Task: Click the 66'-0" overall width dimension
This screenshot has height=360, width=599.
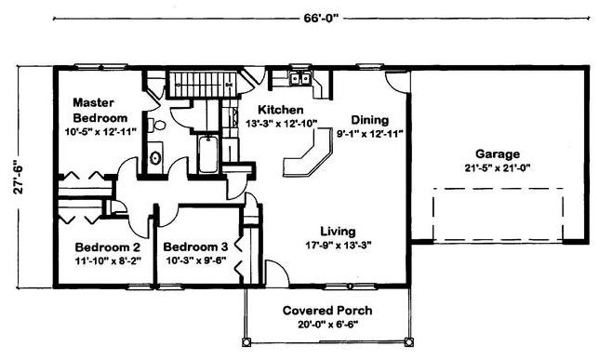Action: (x=321, y=19)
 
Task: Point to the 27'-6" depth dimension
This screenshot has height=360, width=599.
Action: (x=20, y=176)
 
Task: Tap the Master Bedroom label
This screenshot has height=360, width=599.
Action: (x=100, y=110)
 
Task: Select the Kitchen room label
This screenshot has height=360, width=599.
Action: (x=281, y=110)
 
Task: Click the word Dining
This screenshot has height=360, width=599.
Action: (x=370, y=120)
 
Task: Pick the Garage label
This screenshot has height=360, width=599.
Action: (x=498, y=154)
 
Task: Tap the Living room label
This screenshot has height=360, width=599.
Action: (x=338, y=232)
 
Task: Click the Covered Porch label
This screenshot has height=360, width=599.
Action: (x=327, y=311)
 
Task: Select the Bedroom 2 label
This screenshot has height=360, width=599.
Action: (x=108, y=247)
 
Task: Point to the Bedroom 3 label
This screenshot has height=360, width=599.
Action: (x=195, y=247)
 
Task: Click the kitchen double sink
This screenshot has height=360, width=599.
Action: (x=300, y=78)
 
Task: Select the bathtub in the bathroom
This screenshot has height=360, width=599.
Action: (x=208, y=154)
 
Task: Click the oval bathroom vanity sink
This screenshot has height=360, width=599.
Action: (x=155, y=158)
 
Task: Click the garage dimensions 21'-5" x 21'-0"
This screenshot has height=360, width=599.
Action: (x=498, y=167)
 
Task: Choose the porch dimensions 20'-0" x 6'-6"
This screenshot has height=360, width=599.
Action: (x=327, y=325)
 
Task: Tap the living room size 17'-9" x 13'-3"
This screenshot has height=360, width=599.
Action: (x=339, y=245)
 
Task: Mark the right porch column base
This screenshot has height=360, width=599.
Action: (x=408, y=341)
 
